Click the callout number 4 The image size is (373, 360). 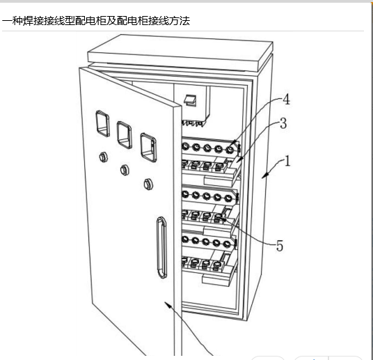287,100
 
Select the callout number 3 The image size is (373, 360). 283,123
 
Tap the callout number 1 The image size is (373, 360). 287,161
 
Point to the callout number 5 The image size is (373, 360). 280,246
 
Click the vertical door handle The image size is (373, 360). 161,248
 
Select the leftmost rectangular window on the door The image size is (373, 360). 103,123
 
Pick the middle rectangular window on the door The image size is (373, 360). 125,135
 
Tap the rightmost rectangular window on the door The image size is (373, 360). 148,148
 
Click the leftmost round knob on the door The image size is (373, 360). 103,157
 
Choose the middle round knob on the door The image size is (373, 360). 125,170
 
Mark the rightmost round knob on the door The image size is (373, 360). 148,185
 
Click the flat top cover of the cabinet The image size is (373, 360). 180,53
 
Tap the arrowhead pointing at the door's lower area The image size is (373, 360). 168,305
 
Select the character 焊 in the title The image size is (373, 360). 28,21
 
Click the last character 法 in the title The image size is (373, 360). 184,21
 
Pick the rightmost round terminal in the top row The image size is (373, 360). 230,150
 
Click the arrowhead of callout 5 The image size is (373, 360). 223,219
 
